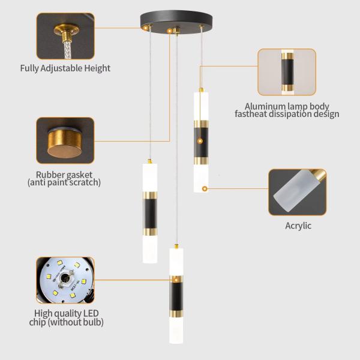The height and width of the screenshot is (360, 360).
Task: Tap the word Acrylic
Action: click(x=298, y=226)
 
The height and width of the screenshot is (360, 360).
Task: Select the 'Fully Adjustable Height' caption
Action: click(x=65, y=68)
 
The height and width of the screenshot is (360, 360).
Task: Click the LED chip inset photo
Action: click(x=65, y=280)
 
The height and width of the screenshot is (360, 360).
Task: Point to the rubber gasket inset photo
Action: click(x=65, y=140)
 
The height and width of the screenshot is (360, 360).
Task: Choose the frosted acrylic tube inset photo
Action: click(x=298, y=192)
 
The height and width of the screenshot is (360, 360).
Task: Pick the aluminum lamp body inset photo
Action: click(x=287, y=72)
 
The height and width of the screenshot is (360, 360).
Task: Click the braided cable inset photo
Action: click(x=65, y=36)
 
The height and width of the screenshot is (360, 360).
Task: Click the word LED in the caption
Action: click(x=91, y=313)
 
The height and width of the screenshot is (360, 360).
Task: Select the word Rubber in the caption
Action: click(x=48, y=175)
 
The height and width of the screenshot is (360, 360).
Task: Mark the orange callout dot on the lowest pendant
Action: click(x=176, y=280)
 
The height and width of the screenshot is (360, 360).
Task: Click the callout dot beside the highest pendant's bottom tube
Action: click(x=205, y=189)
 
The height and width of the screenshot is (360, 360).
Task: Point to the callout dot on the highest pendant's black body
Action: click(x=200, y=141)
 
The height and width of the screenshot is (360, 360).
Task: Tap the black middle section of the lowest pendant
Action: click(x=176, y=296)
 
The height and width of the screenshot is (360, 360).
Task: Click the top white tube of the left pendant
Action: click(x=150, y=178)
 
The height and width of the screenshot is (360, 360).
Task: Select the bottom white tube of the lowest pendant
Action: click(x=176, y=331)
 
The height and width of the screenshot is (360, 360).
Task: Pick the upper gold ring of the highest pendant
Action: click(x=201, y=124)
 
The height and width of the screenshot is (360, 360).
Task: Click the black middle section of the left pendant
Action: click(x=150, y=214)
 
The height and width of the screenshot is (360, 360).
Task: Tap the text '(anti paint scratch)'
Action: click(x=64, y=182)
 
